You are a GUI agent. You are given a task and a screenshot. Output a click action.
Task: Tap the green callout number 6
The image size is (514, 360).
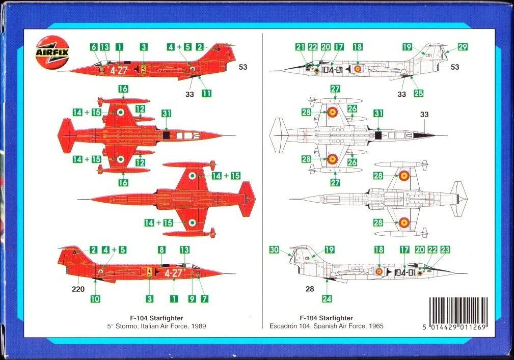pos(94,47)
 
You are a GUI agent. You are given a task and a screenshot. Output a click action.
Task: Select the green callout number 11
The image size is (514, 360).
pos(206,93)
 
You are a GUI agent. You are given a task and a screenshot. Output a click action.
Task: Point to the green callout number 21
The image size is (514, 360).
pos(300,47)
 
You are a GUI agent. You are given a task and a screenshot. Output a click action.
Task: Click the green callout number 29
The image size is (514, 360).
pos(463,47)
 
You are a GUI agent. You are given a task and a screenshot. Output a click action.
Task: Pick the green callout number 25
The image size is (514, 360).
pos(418,93)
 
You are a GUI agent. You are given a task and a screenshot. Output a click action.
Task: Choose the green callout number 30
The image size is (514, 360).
pos(275,250)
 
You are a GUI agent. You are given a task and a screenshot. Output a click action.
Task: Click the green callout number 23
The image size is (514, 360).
pos(445,250)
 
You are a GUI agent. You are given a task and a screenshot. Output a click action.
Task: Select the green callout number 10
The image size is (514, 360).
pos(95,299)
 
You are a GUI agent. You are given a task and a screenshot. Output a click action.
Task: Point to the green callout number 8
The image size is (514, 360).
pos(161,250)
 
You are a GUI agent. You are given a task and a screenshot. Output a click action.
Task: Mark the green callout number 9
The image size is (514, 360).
pos(192,299)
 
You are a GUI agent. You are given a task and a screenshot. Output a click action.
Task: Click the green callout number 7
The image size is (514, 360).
pos(204,299)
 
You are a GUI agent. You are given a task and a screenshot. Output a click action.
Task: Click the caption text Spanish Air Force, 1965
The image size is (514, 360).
pos(352,326)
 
